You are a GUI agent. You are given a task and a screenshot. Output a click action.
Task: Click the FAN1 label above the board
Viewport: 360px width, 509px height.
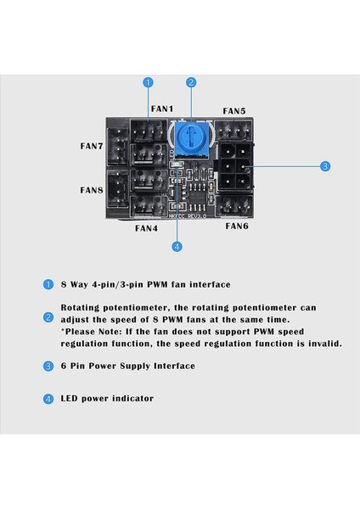tap(160, 109)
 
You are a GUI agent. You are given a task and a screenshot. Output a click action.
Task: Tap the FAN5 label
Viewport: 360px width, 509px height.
tap(234, 111)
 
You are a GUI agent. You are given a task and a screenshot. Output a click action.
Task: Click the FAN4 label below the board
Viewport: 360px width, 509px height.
tap(145, 228)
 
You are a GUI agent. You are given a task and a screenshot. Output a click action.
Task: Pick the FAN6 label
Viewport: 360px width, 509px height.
tap(237, 227)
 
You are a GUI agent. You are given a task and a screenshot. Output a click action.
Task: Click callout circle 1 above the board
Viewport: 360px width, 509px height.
tap(148, 82)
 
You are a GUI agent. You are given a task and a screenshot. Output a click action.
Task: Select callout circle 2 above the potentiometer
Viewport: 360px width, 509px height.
tap(192, 82)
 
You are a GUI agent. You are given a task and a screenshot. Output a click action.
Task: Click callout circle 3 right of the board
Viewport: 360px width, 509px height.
tap(325, 167)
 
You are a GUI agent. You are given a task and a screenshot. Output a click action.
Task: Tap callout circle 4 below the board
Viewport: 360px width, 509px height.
tap(177, 247)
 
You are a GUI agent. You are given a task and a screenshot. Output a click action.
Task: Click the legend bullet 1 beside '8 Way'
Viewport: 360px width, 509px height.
tap(48, 285)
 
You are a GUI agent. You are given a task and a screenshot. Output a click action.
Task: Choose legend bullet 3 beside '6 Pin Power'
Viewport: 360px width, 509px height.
tap(48, 366)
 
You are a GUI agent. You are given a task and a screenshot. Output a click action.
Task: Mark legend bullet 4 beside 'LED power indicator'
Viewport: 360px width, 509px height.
tap(48, 398)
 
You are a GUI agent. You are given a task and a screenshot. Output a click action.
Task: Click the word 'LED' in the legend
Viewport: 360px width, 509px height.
tap(71, 398)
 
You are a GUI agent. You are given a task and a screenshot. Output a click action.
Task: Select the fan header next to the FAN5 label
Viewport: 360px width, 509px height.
tap(233, 133)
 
